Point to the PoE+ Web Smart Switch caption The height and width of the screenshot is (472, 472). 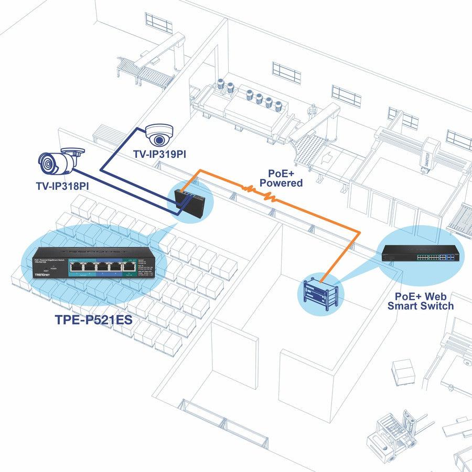coord(421,301)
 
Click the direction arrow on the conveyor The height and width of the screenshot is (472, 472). coord(326,156)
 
